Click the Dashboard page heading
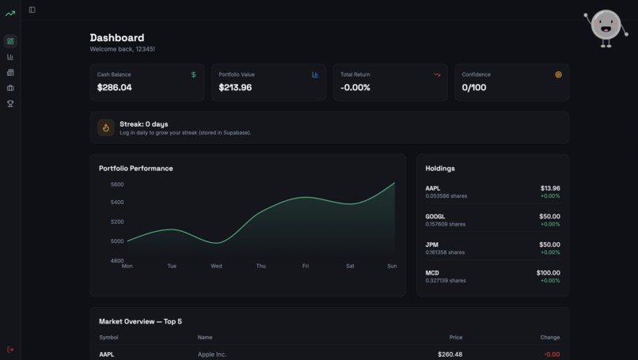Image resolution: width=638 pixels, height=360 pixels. [117, 37]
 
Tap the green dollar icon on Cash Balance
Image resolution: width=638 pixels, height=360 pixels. [194, 74]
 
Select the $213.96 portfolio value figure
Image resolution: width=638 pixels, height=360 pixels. [235, 87]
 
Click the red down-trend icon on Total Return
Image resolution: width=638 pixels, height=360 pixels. [437, 74]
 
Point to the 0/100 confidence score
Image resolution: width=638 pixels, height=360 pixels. [474, 87]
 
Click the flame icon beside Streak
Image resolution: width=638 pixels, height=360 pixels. [106, 127]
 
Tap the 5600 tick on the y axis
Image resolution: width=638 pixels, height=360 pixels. [117, 184]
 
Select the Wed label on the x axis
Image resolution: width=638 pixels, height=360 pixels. [216, 266]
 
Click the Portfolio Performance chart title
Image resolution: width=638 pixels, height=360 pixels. [135, 168]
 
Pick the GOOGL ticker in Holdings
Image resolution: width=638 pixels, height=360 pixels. [435, 216]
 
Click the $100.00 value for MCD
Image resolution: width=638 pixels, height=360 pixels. [548, 272]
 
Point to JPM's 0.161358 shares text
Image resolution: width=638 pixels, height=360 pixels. [445, 252]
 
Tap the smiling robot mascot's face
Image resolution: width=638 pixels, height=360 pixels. [606, 26]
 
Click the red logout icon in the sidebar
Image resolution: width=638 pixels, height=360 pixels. [10, 349]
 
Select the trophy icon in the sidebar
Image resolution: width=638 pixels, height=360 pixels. [10, 104]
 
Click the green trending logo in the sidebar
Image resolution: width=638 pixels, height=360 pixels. [10, 13]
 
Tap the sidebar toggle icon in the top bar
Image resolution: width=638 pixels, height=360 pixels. [32, 9]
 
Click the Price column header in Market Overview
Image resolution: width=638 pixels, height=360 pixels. [455, 337]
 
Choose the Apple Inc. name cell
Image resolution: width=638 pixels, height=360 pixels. [212, 354]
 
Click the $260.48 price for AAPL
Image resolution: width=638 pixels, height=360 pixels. [450, 354]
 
